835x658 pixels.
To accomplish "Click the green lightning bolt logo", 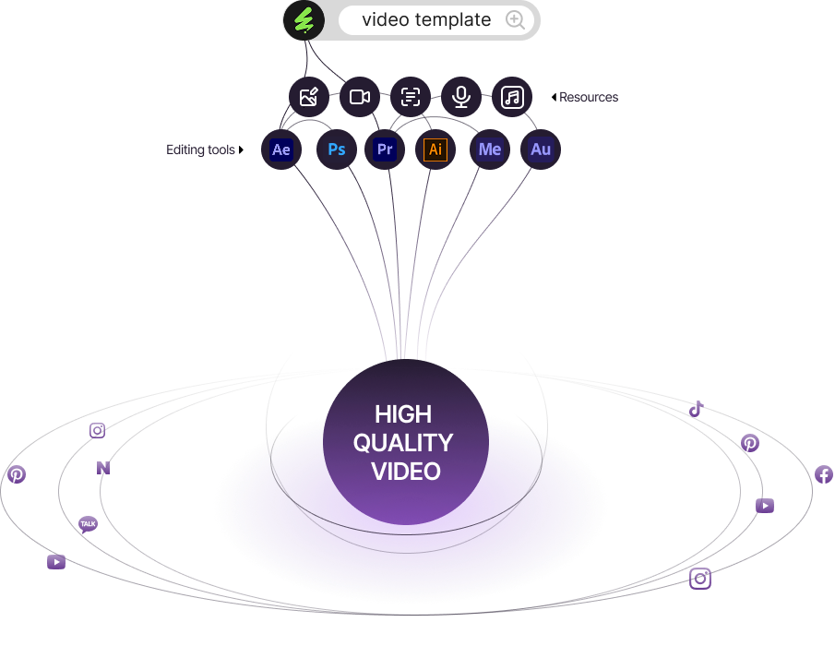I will pos(304,20).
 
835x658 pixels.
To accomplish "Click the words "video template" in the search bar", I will pos(426,20).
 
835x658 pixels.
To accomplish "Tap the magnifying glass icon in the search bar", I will pos(516,20).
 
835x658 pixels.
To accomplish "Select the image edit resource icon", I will pos(309,97).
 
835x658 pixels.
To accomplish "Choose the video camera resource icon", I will pos(360,97).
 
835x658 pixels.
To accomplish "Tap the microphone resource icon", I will pos(461,97).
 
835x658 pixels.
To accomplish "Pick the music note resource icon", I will pos(512,97).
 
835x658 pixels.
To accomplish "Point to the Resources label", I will pos(589,97).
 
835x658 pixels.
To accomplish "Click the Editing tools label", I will pos(200,150).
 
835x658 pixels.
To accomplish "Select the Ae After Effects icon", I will pos(281,150).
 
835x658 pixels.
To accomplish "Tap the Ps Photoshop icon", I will pos(337,150).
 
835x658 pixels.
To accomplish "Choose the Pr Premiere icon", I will pos(385,150).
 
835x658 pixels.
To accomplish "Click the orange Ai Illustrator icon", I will pos(435,150).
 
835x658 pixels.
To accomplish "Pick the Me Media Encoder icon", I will pos(490,150).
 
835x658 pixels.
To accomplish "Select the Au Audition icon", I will pos(541,150).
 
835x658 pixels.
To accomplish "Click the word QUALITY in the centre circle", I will pos(403,442).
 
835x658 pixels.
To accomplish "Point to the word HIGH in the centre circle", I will pos(403,414).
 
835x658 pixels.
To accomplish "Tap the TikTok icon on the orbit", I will pos(697,409).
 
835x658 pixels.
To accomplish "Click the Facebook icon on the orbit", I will pos(824,474).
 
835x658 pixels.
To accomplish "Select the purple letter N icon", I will pos(103,468).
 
